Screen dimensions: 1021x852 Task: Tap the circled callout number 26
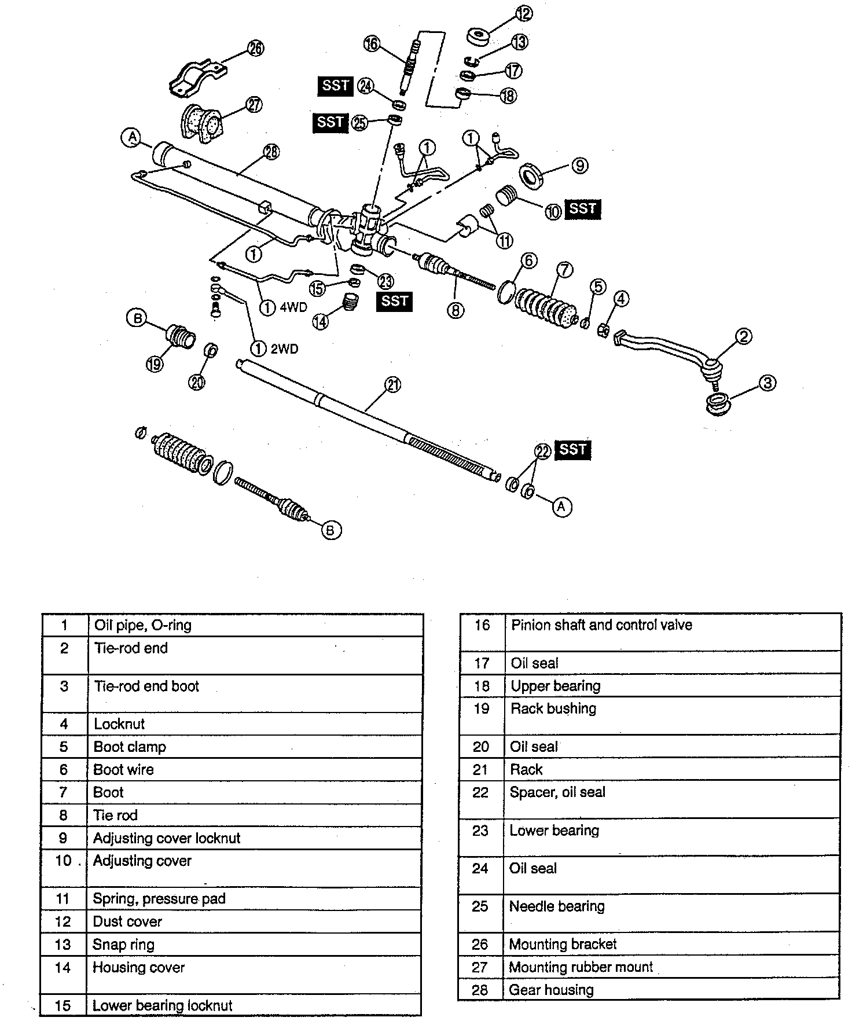pos(255,48)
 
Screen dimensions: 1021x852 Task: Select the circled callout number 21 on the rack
pos(393,385)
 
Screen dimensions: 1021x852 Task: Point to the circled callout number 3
pos(767,383)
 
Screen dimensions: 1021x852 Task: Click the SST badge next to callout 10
pos(582,208)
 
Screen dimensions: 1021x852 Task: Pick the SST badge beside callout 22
pos(572,450)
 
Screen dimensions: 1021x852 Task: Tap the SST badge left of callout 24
pos(335,86)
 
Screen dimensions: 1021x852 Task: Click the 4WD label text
pos(293,307)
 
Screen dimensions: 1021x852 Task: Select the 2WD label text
pos(284,349)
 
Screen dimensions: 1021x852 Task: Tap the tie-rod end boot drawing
pos(719,403)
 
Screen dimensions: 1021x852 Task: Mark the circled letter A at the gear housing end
pos(132,137)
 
